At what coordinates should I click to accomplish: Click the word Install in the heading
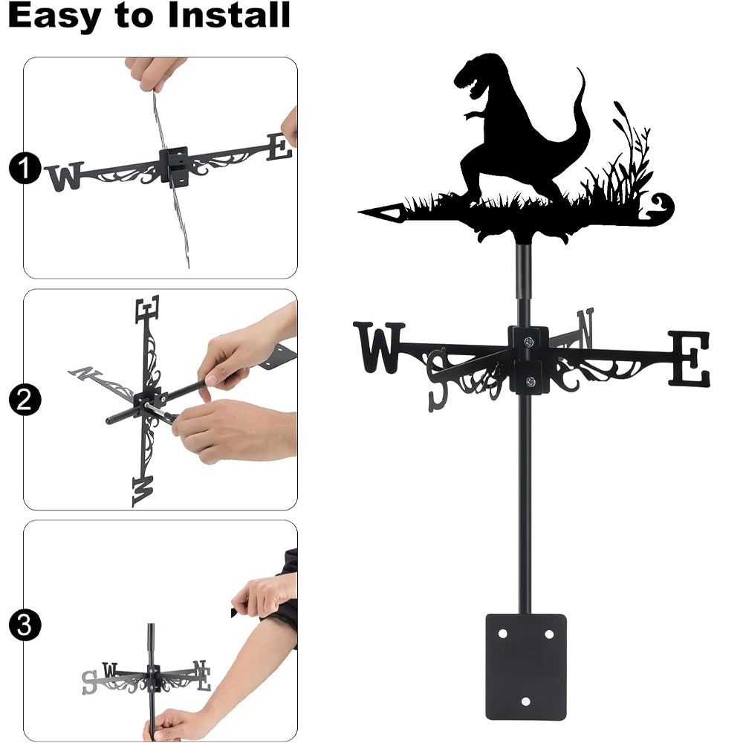coord(229,15)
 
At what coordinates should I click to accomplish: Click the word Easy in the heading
coord(54,17)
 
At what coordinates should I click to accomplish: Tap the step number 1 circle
coord(25,168)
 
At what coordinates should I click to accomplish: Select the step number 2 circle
coord(25,400)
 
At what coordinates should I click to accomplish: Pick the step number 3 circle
coord(25,625)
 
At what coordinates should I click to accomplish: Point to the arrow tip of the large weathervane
coord(360,211)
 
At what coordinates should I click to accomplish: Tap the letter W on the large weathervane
coord(379,347)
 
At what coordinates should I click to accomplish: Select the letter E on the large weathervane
coord(690,358)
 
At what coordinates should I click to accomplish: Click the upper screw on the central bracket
coord(528,340)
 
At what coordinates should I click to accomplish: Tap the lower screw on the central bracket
coord(531,381)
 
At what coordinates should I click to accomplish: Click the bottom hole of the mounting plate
coord(525,701)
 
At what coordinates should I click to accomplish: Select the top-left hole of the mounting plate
coord(502,634)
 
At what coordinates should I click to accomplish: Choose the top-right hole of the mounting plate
coord(549,634)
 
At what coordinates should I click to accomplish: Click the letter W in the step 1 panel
coord(65,176)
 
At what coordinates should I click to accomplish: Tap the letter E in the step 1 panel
coord(279,146)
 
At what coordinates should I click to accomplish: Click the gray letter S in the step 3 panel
coord(88,683)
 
